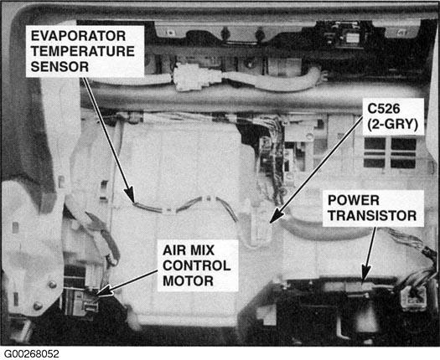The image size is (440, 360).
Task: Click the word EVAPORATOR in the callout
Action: point(78,36)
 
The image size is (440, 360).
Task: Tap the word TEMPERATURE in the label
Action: point(83,51)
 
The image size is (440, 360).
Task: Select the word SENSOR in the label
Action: point(60,67)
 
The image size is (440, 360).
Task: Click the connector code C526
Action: point(384,109)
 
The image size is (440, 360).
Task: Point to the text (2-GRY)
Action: point(392,124)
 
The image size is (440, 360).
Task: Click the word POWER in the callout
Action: point(354,200)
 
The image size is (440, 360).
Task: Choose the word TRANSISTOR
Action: point(372,216)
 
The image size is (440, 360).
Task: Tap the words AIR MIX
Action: point(189,250)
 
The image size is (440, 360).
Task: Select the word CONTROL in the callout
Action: point(197,265)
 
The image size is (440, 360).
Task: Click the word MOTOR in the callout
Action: point(188,281)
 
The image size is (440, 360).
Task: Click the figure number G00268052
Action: point(32,354)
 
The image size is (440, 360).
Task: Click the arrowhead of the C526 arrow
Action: point(276,216)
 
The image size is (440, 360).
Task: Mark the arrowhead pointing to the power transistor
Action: point(365,273)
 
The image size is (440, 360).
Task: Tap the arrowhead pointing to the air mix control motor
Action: point(104,291)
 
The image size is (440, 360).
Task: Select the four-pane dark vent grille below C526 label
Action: point(390,153)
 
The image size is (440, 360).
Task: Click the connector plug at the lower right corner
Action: point(413,298)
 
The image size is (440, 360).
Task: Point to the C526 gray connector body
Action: point(261,224)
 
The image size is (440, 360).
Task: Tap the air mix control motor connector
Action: point(89,303)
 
